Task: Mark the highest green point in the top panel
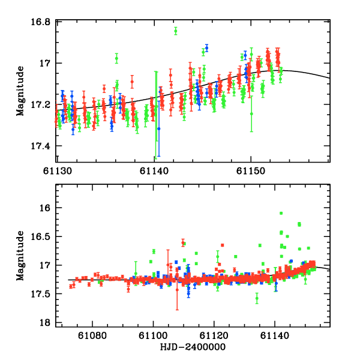pos(176,31)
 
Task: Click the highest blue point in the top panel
pos(206,47)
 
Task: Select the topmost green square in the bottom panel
pos(281,213)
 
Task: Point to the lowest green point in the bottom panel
pos(257,298)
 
